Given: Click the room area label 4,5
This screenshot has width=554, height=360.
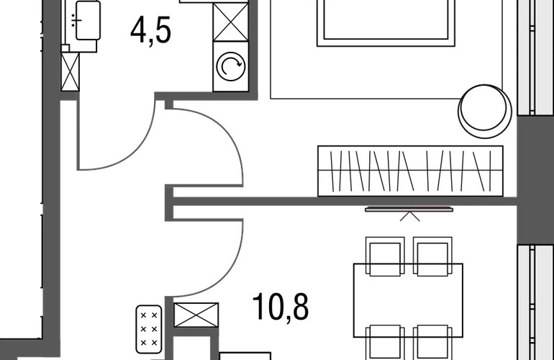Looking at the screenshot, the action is tap(151, 31).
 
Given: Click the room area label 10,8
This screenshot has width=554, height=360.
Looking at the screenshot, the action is tap(281, 307).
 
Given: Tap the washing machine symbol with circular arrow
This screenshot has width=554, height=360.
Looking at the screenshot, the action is tap(231, 66).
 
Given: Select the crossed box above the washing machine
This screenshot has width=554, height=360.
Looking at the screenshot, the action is tap(231, 22).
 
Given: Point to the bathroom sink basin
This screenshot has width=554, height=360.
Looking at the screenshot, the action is tap(88, 20).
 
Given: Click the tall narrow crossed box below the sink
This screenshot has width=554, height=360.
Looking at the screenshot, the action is tap(70, 72).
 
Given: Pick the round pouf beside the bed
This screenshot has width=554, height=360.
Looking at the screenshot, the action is tap(485, 111).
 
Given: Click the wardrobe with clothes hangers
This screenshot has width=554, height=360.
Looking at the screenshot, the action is tap(410, 171).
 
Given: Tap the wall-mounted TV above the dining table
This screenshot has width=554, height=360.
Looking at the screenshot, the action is tap(409, 210).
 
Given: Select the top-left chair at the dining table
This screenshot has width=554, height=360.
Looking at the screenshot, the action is tap(385, 256).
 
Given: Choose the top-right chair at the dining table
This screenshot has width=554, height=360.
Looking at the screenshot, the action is tap(432, 256).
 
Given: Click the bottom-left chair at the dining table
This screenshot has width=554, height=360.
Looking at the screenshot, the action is tap(385, 342).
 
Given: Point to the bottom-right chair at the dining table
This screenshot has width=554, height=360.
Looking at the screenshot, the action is tap(432, 342).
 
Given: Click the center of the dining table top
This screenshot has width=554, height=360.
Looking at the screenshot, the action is tap(408, 300).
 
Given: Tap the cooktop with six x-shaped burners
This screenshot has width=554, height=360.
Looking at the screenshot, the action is tap(149, 329).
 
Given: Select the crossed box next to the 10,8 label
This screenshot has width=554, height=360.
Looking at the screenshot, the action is tap(196, 315).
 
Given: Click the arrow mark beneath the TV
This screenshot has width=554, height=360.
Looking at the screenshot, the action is tap(410, 217).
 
